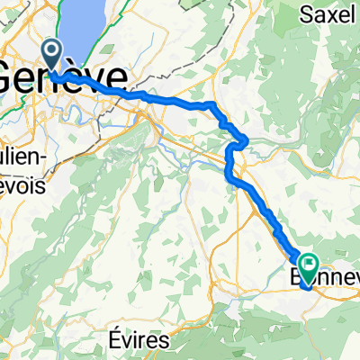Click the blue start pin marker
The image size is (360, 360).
coord(52,53)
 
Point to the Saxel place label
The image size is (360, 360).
coord(328,14)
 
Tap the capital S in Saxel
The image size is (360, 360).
coord(306,14)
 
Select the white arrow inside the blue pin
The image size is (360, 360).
coord(52,49)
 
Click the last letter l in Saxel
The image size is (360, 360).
coord(355,14)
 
